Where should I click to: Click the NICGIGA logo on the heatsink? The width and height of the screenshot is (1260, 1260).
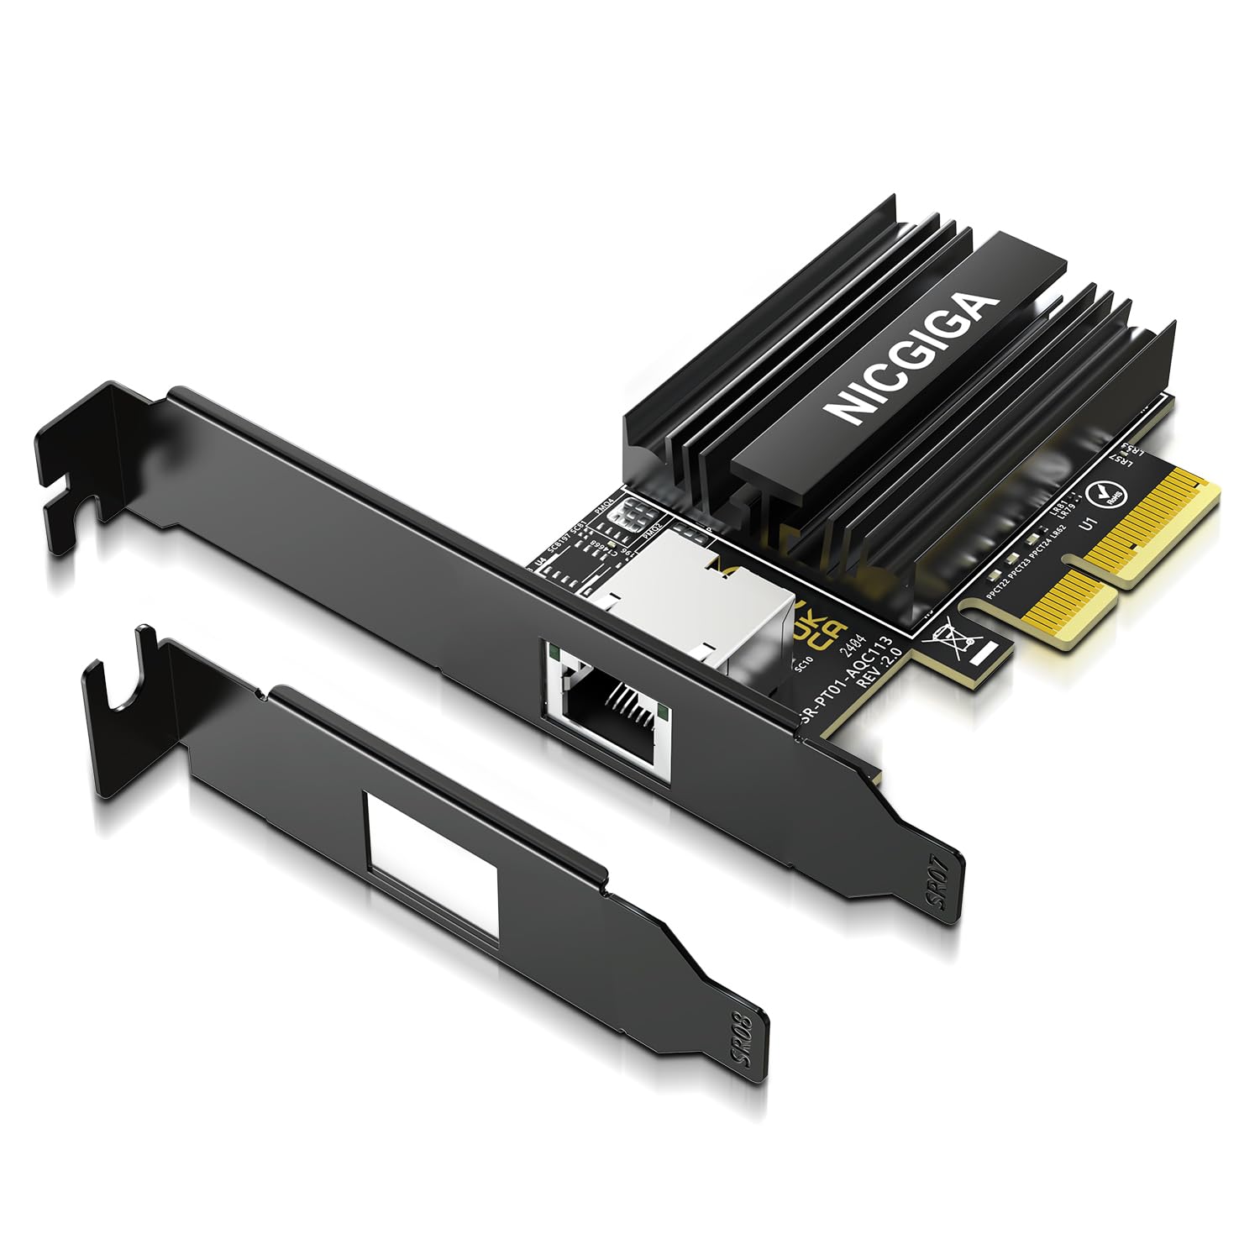pyautogui.click(x=911, y=356)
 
